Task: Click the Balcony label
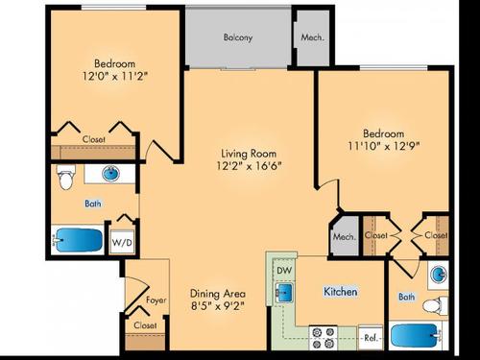tap(238, 38)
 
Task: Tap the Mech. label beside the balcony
tap(312, 38)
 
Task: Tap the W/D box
tap(123, 243)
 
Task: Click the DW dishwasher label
tap(284, 271)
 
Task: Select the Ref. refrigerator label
tap(371, 337)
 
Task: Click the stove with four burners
tap(322, 336)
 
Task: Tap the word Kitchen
tap(341, 291)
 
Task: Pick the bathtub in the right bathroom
tap(420, 337)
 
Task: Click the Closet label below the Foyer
tap(146, 326)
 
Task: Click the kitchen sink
tap(285, 292)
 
